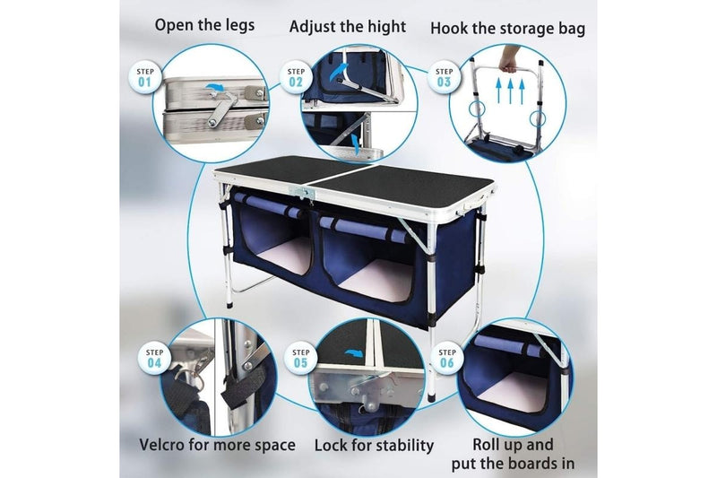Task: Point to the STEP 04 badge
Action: coord(154,358)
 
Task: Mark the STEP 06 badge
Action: coord(448,358)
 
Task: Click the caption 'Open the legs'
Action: coord(204,24)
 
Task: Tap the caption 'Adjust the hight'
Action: coord(348,26)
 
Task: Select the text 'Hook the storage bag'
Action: coord(507,28)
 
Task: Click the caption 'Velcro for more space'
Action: coord(217,445)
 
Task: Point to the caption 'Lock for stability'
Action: coord(374,446)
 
